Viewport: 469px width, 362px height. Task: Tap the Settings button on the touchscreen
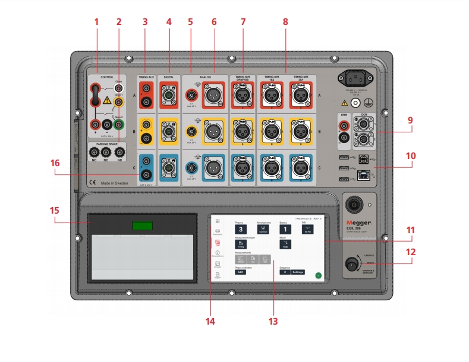pyautogui.click(x=297, y=272)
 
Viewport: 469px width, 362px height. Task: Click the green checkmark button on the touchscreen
pyautogui.click(x=318, y=275)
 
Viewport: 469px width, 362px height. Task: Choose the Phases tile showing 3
pyautogui.click(x=240, y=229)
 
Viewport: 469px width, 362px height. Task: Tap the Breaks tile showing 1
pyautogui.click(x=285, y=229)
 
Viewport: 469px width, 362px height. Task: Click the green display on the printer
pyautogui.click(x=142, y=226)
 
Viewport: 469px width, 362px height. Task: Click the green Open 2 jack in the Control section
pyautogui.click(x=119, y=125)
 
